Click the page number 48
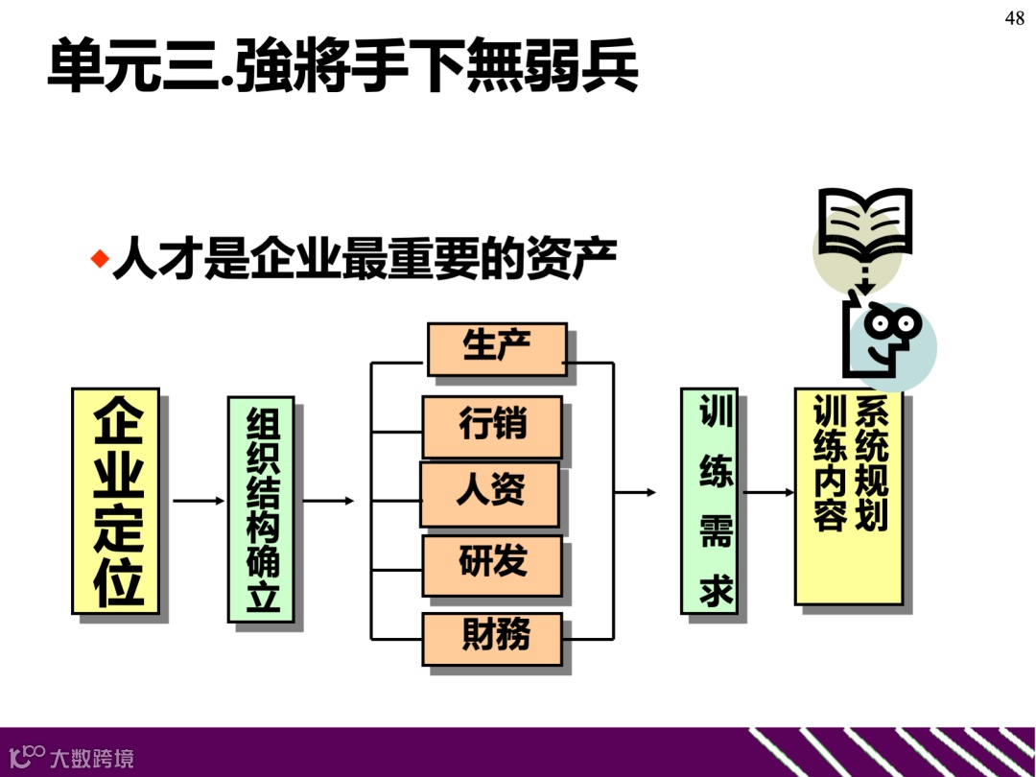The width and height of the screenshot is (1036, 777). [x=1015, y=19]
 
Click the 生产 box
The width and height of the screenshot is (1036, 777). [x=496, y=348]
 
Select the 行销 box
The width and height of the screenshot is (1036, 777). [x=492, y=426]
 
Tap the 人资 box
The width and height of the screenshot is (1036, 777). [x=489, y=494]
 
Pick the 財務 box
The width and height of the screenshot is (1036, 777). [x=492, y=638]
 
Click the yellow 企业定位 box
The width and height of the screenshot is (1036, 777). [x=116, y=501]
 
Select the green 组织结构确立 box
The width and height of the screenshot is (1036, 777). [x=261, y=509]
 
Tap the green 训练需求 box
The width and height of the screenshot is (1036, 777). [x=710, y=500]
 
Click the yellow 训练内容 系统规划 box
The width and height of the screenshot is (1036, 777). [x=848, y=496]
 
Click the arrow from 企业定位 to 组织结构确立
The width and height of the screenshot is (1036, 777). [x=198, y=501]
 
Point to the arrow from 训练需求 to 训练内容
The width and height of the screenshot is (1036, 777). [x=768, y=493]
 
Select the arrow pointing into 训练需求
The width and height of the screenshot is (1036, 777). [x=635, y=492]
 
